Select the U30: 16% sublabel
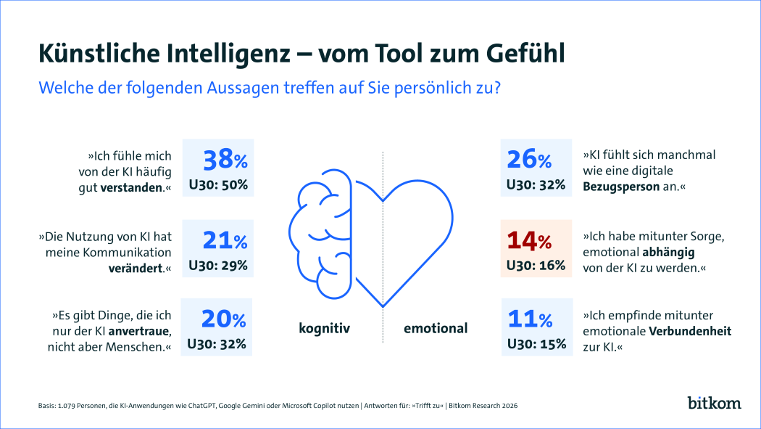coord(536,265)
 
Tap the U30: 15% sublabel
coord(536,343)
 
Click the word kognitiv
coord(325,328)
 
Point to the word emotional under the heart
coord(436,328)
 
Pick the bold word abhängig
coord(668,253)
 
